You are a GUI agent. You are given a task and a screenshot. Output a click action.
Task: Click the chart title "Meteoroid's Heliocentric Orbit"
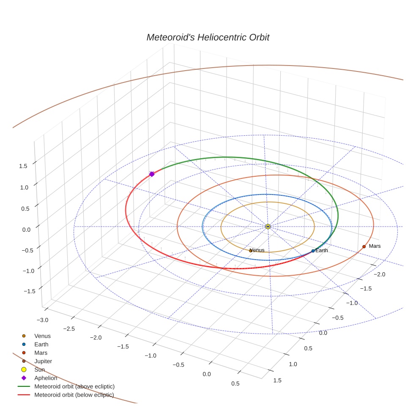click(208, 37)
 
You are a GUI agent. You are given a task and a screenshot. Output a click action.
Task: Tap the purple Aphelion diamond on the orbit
click(152, 174)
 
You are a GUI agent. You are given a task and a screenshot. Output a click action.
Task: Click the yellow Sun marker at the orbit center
click(268, 227)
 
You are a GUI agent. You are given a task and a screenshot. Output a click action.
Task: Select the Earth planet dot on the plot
click(313, 251)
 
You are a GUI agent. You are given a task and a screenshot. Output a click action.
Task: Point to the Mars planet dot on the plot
click(364, 246)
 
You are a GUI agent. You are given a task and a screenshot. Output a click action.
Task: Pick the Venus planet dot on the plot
click(251, 251)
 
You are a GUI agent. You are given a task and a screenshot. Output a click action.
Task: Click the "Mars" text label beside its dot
click(375, 246)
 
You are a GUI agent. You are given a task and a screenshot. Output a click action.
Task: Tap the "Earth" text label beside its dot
click(322, 251)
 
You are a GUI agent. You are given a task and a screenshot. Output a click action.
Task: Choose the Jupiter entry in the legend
click(43, 361)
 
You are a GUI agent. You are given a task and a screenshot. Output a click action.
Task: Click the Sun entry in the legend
click(39, 369)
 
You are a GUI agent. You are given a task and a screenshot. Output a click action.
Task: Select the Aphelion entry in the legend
click(46, 378)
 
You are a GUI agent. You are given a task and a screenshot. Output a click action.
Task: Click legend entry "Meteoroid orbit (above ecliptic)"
click(74, 386)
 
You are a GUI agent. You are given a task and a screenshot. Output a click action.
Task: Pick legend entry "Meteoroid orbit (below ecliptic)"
click(74, 395)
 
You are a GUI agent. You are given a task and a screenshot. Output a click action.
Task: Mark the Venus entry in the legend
click(42, 336)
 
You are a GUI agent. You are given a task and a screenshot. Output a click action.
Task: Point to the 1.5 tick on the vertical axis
click(23, 166)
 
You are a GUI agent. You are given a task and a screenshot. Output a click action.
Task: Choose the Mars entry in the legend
click(41, 353)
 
